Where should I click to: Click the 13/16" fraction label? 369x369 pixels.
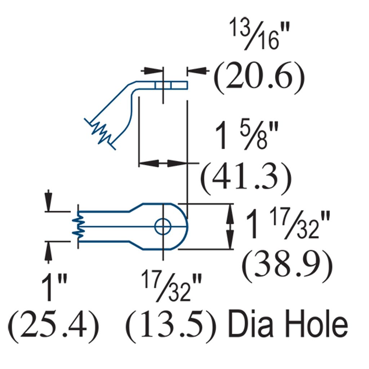pyautogui.click(x=260, y=35)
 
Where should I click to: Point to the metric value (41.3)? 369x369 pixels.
pyautogui.click(x=246, y=178)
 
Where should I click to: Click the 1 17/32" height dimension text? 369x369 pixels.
pyautogui.click(x=287, y=225)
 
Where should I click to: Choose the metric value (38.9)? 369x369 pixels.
pyautogui.click(x=287, y=266)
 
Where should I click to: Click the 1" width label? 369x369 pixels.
pyautogui.click(x=54, y=287)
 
